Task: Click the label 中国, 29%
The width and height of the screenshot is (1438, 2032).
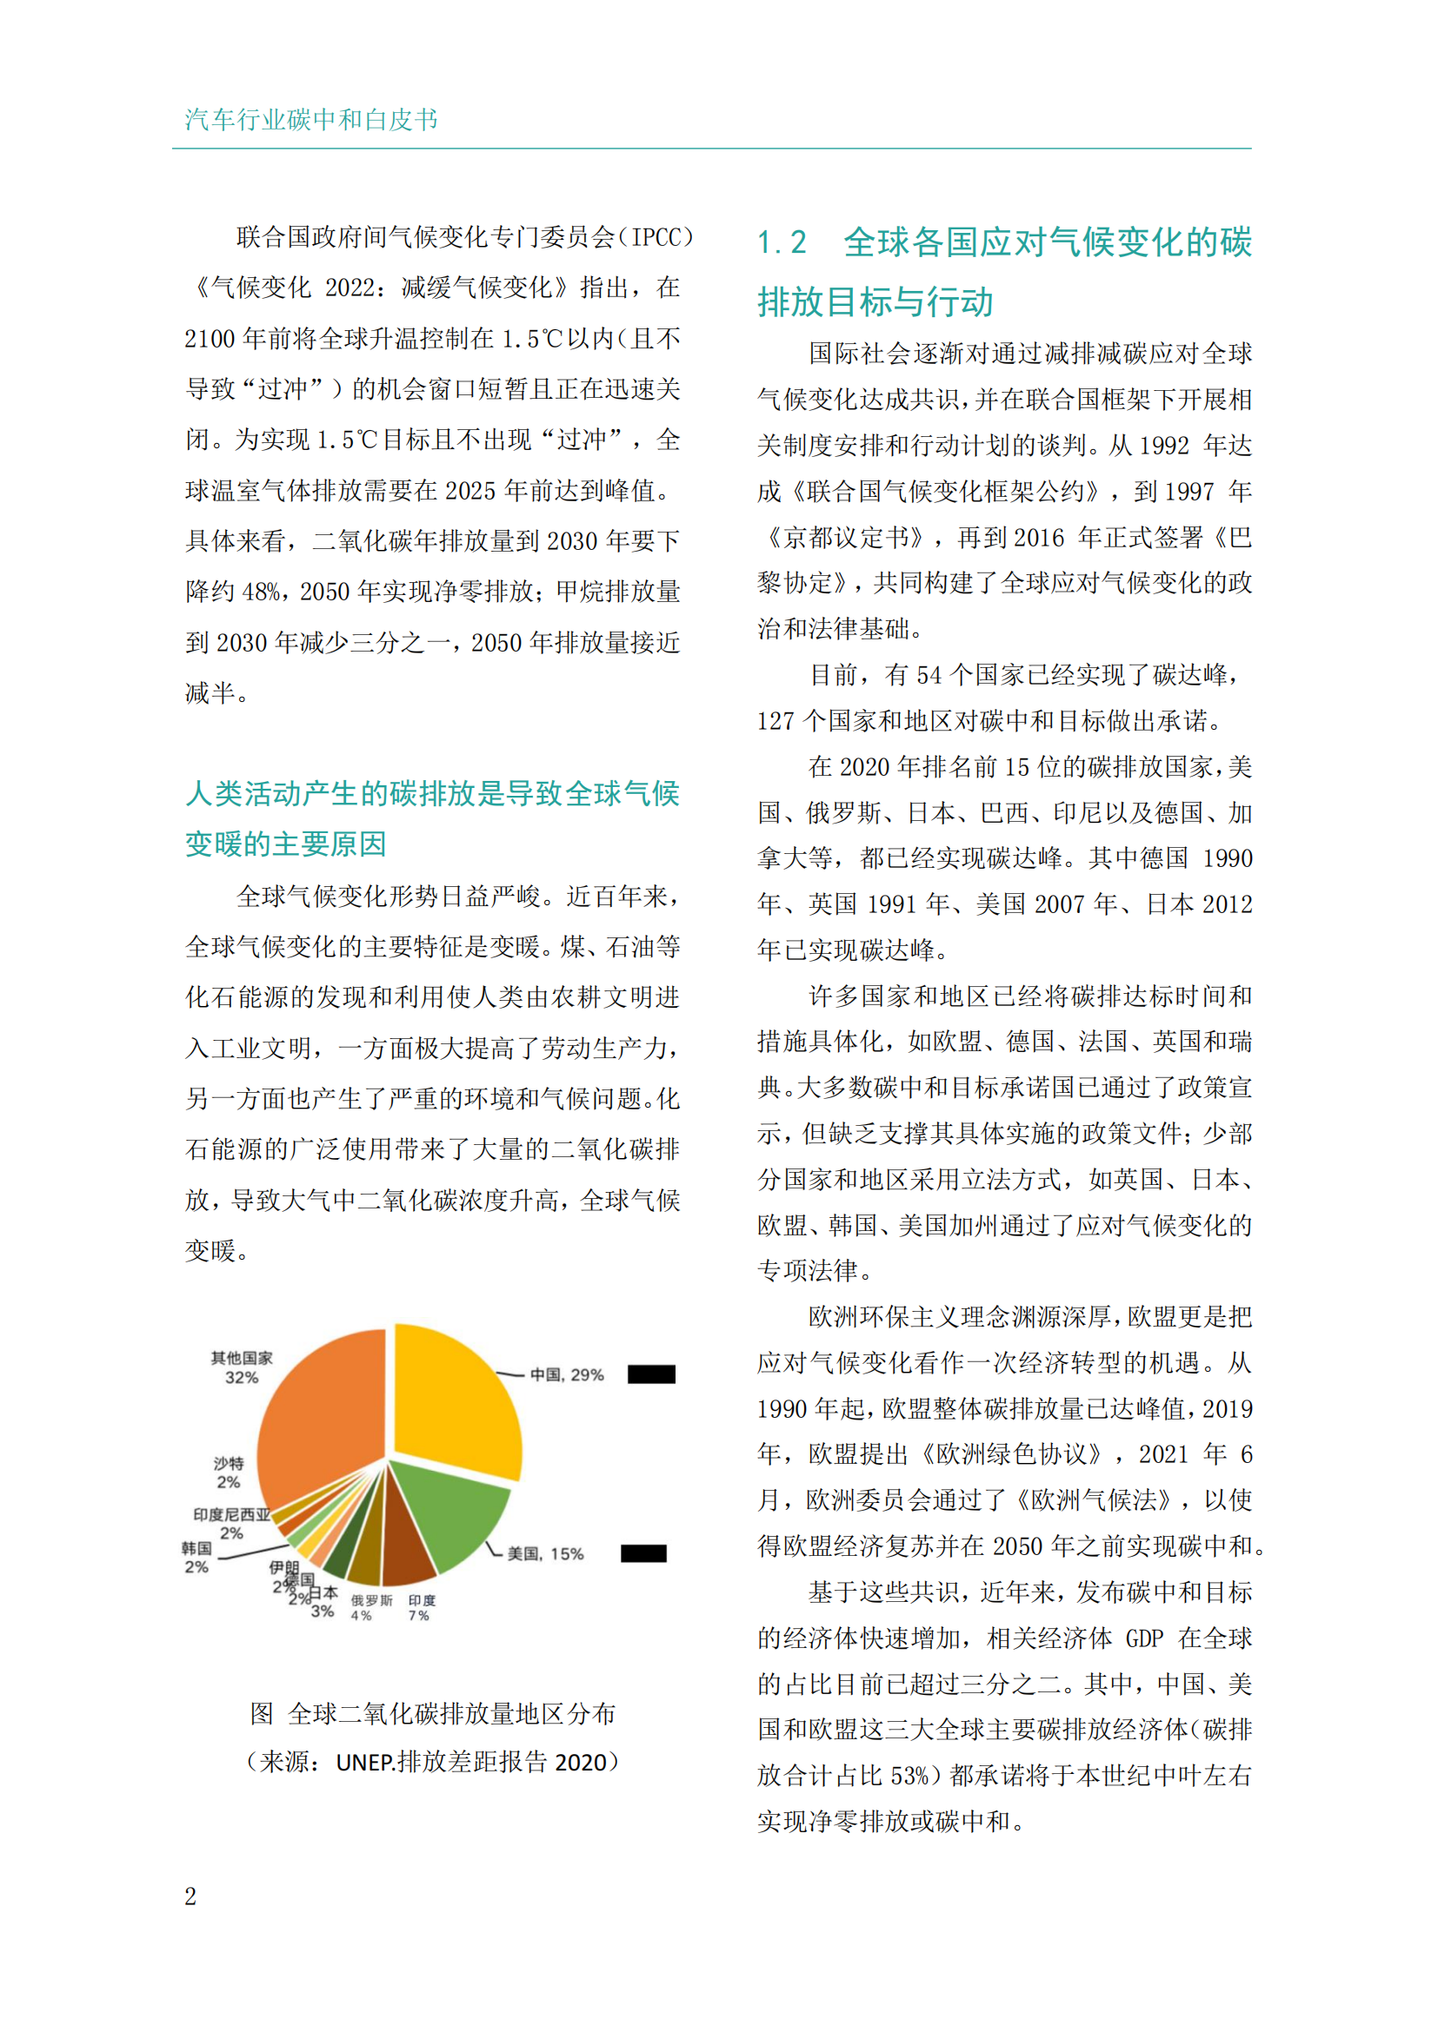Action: click(567, 1374)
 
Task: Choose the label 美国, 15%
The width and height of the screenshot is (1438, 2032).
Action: click(544, 1553)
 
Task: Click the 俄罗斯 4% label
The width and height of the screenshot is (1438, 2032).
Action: click(371, 1607)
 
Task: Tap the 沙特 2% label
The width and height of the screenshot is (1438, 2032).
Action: click(229, 1472)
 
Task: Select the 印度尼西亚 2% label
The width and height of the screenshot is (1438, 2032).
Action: click(231, 1523)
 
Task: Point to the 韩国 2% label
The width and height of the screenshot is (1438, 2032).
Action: click(196, 1557)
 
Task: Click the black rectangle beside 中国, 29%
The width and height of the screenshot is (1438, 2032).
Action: click(651, 1374)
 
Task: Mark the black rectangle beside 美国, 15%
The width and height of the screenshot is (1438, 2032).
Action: click(642, 1553)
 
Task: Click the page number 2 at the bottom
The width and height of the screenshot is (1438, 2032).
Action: click(190, 1896)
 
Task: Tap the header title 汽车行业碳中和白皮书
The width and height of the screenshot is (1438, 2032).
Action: click(310, 120)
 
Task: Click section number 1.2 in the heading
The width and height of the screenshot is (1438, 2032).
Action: click(782, 242)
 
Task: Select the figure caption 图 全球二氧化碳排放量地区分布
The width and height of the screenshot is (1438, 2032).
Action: click(432, 1713)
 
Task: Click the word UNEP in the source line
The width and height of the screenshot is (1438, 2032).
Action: click(364, 1762)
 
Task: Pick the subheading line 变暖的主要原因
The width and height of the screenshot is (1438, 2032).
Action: click(286, 844)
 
